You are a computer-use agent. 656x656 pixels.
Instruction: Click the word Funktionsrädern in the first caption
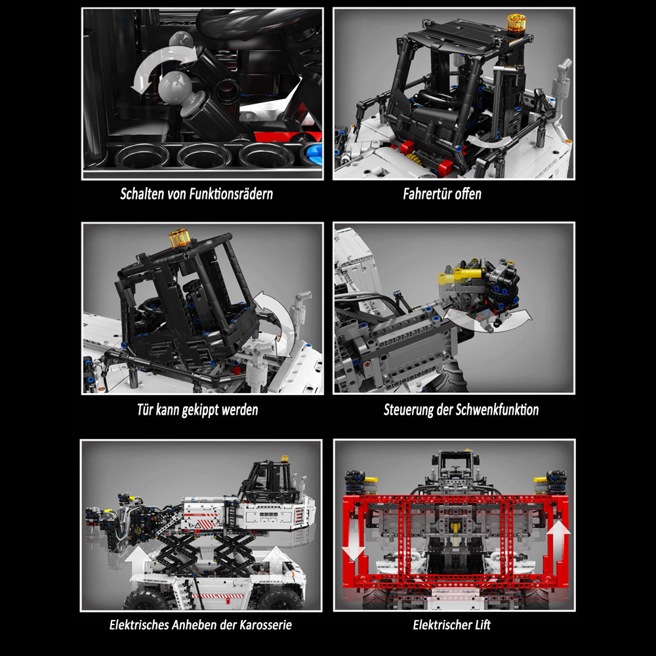point(231,194)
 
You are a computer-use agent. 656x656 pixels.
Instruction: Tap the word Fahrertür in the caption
point(427,194)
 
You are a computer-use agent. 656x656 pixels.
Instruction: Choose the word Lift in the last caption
point(483,625)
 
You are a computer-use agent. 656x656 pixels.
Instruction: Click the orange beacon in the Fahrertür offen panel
point(516,23)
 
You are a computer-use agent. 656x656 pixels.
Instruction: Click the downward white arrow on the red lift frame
point(354,547)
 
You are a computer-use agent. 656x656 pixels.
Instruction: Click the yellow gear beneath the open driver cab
point(413,159)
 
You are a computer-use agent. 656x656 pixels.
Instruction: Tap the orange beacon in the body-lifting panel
point(285,459)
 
